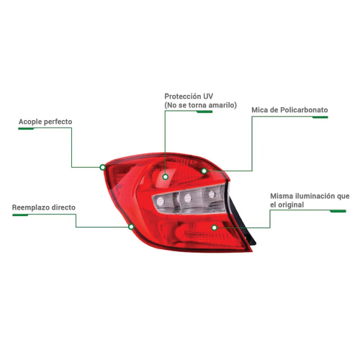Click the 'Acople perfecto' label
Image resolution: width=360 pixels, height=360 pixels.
(x=45, y=122)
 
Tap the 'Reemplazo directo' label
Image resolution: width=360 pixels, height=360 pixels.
(x=44, y=207)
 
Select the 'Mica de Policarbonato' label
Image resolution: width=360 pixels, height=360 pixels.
(x=289, y=110)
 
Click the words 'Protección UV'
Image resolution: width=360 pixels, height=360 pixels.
(x=189, y=96)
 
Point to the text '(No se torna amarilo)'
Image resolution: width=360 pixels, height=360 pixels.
(x=201, y=105)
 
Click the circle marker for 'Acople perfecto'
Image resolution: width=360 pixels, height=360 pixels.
(x=102, y=167)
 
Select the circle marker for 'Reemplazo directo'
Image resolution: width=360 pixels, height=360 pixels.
(x=131, y=227)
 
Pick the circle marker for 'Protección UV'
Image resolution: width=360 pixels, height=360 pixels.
(x=165, y=177)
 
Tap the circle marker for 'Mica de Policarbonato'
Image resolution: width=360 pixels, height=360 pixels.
(x=204, y=171)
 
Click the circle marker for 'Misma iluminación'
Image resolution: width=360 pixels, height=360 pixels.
(x=215, y=228)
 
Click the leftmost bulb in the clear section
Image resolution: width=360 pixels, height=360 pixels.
(x=160, y=202)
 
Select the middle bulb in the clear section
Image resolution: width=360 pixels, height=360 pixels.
(x=187, y=198)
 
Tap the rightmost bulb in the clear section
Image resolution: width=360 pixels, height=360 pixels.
(x=212, y=194)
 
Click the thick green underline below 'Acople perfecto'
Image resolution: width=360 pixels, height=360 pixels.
(x=26, y=129)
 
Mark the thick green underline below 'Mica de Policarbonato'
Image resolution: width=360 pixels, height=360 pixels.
(x=320, y=117)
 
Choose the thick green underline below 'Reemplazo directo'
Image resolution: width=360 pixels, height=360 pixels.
(x=20, y=215)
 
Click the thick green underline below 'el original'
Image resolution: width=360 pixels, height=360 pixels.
(x=338, y=211)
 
